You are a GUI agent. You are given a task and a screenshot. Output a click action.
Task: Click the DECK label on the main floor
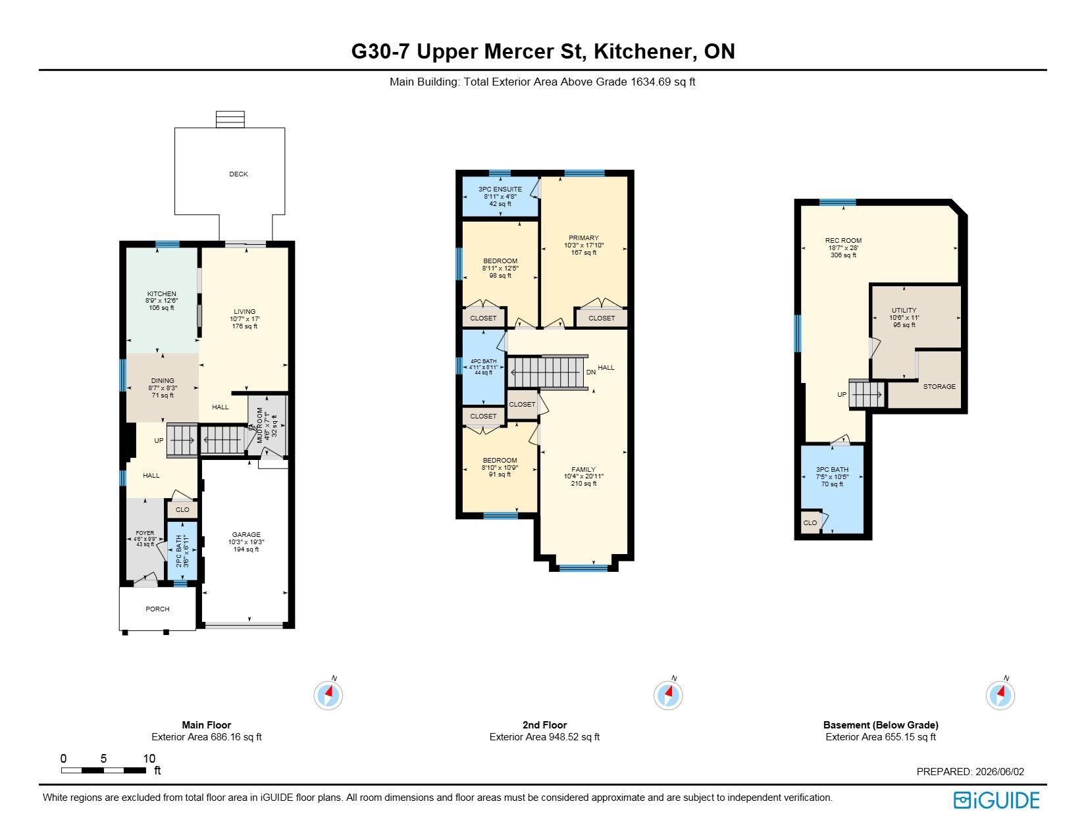point(238,174)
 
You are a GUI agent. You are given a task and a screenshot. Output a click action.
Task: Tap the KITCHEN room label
point(161,294)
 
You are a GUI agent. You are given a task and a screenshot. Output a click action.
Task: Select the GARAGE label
point(246,535)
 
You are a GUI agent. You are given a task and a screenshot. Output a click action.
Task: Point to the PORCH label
point(157,609)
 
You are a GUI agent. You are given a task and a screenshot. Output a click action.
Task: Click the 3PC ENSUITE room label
point(500,190)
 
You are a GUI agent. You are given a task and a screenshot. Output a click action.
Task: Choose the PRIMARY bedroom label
point(584,238)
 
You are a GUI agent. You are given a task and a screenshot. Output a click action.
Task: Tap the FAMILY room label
point(584,470)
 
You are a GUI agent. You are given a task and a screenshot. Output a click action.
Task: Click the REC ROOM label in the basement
point(844,240)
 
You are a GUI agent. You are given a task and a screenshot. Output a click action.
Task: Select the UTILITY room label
point(904,311)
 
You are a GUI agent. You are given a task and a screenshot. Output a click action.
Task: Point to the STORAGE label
point(940,387)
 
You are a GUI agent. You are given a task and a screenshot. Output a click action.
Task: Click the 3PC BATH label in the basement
point(832,470)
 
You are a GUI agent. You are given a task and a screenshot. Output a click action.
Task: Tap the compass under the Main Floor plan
point(328,695)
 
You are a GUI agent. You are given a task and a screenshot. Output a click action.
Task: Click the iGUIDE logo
point(996,800)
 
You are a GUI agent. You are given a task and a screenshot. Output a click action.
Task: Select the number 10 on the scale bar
point(149,759)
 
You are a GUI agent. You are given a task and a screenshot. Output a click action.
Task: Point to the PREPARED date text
point(971,771)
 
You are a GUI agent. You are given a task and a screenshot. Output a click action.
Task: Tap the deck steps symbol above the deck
point(230,119)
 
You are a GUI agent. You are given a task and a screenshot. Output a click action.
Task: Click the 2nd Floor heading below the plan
point(545,725)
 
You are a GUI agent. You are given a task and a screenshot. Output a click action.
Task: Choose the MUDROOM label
point(260,425)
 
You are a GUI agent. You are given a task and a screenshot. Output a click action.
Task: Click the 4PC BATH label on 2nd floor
point(484,361)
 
